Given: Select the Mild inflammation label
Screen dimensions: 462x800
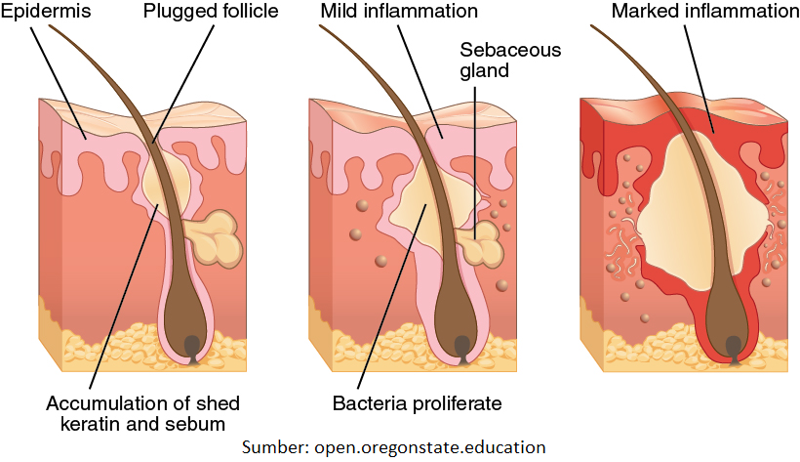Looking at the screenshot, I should [x=399, y=13].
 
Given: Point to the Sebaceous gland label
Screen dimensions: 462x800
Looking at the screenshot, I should [x=492, y=60].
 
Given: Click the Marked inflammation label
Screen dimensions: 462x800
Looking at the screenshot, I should [x=702, y=13].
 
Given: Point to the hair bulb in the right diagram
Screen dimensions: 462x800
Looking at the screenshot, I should [x=735, y=332].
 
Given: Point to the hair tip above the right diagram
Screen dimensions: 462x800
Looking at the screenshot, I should [x=595, y=29].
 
